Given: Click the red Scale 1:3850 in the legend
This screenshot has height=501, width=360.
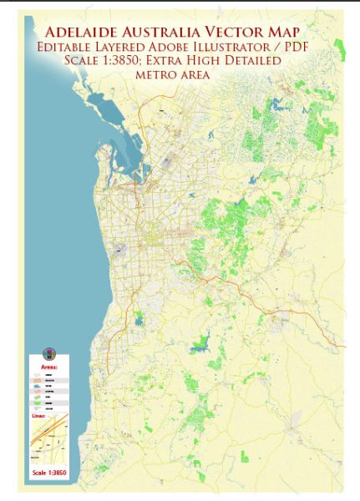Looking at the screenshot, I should click(49, 473).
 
